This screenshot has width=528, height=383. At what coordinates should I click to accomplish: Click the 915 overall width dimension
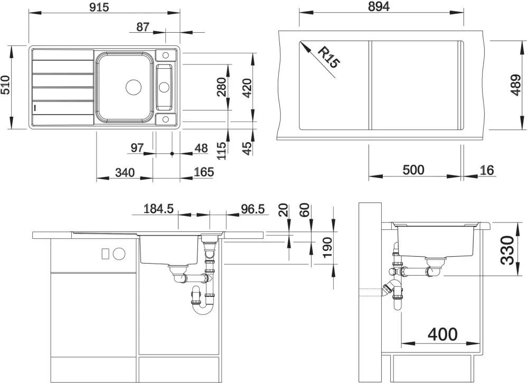(99, 7)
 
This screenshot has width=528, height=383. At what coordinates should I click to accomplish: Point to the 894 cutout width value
(379, 6)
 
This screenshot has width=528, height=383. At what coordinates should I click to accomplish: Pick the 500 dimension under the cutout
(413, 170)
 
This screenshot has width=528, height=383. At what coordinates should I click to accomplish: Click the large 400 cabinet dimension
(442, 334)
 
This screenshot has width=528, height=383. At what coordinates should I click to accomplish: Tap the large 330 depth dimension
(507, 250)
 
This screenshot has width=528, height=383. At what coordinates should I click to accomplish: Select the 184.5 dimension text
(158, 209)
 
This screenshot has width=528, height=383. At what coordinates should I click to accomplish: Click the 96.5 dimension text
(252, 209)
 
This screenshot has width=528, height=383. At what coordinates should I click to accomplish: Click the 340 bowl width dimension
(125, 173)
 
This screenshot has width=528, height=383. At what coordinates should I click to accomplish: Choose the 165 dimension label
(204, 172)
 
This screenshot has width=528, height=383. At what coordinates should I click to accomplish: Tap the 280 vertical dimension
(221, 87)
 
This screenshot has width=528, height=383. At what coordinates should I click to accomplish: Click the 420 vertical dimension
(247, 88)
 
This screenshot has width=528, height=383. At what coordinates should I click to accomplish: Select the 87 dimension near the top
(143, 27)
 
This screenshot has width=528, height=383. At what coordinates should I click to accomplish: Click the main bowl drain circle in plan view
(134, 87)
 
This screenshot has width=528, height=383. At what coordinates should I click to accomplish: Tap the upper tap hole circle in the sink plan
(166, 55)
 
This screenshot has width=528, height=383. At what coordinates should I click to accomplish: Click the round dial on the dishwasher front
(119, 254)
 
